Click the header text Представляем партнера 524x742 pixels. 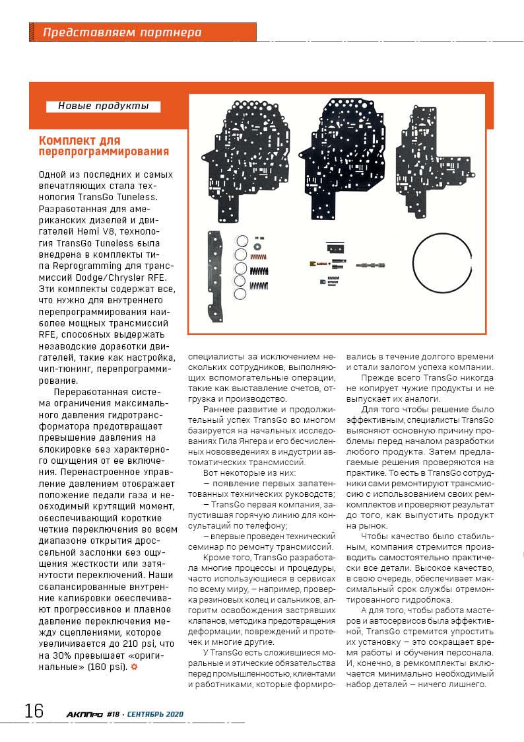pos(122,32)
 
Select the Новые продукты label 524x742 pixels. pos(103,106)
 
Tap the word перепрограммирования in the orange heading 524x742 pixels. pos(104,152)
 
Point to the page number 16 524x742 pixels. pos(34,711)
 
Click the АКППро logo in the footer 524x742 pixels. pos(84,714)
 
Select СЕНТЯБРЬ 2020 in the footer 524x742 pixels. pos(154,714)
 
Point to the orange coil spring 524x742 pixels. pos(259,257)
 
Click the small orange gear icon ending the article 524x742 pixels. pos(135,667)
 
